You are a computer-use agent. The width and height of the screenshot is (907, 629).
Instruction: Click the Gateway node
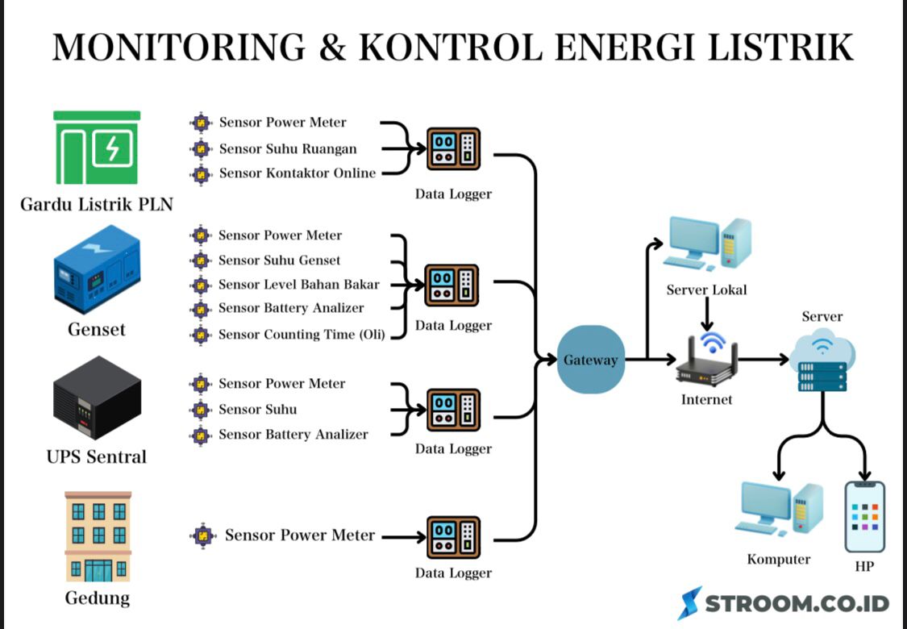point(590,360)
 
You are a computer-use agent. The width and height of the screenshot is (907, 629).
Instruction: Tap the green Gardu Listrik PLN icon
point(97,148)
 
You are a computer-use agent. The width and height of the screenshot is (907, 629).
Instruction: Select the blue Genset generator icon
point(97,273)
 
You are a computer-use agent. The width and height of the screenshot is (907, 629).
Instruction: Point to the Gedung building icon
point(98,536)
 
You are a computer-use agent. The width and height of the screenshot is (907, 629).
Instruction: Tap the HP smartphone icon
point(864,517)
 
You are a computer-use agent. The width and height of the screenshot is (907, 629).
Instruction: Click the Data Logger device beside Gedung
point(453,538)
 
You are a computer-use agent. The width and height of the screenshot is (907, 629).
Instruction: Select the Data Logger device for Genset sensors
point(453,285)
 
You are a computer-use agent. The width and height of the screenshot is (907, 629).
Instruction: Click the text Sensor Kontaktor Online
point(297,173)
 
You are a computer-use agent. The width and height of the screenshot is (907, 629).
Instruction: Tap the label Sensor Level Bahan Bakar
point(298,285)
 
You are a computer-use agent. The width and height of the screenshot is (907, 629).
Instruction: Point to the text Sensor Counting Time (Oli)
point(302,335)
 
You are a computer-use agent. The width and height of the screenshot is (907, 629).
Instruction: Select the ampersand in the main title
point(331,48)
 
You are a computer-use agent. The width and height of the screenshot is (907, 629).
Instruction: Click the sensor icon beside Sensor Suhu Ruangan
point(200,148)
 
